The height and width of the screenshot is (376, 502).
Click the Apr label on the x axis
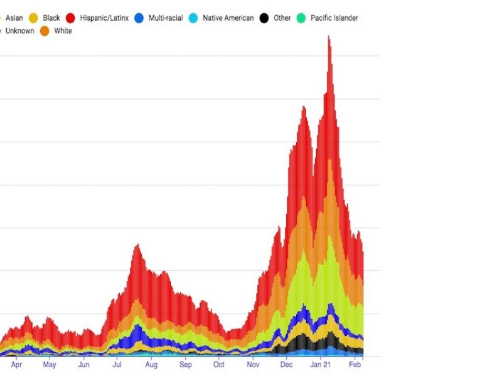(16, 364)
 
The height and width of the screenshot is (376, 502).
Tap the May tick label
(49, 364)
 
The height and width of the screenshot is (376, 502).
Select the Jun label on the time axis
(83, 364)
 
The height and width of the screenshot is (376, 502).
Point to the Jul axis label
(117, 364)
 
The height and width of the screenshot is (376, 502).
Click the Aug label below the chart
(151, 364)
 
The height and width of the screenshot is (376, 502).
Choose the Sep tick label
(186, 364)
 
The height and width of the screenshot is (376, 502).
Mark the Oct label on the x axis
(218, 364)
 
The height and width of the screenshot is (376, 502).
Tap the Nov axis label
(253, 364)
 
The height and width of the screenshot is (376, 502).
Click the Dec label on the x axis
(286, 364)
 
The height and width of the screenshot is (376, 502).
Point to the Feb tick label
(355, 364)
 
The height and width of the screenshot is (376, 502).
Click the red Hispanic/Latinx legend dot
(71, 18)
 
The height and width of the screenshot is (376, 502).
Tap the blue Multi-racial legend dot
(139, 18)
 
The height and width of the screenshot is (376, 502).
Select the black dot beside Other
(264, 18)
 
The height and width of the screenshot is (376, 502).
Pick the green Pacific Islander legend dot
(301, 18)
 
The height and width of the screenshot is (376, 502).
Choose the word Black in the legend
(51, 18)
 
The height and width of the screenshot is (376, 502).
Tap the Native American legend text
(228, 18)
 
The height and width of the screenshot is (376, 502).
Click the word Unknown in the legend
(19, 31)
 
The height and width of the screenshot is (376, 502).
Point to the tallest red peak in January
(328, 38)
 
